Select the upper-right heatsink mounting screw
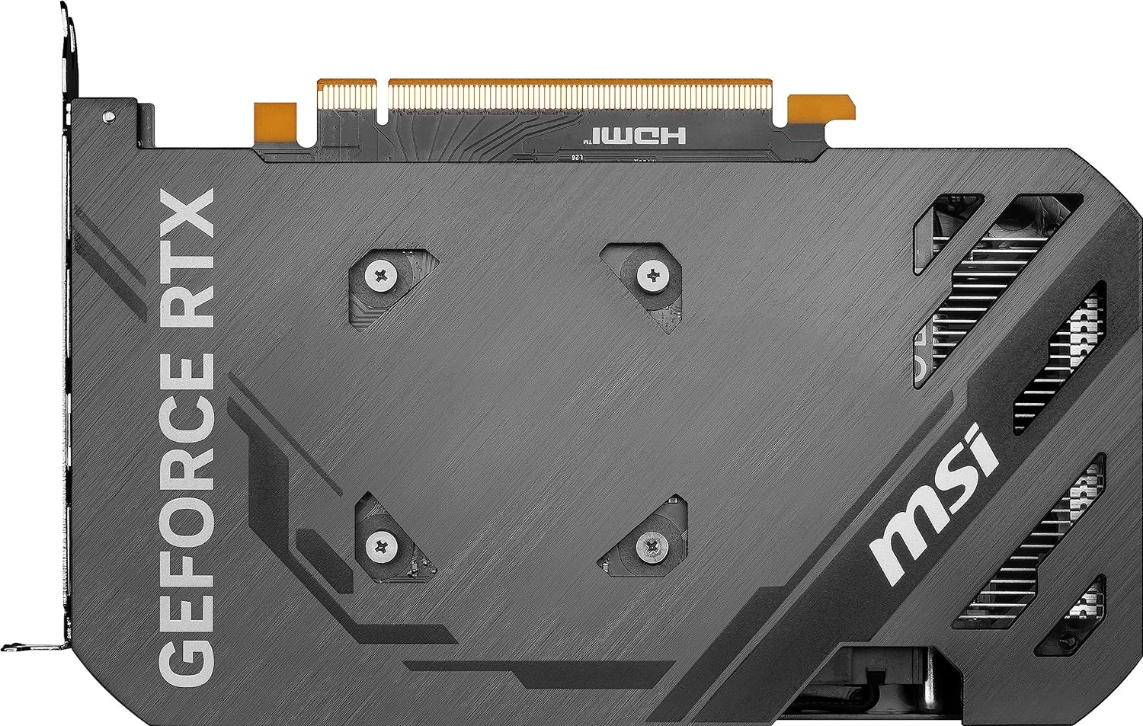coord(652,276)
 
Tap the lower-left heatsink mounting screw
coord(380,545)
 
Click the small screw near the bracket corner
coord(109,117)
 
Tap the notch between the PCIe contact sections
coord(383,99)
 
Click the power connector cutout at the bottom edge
coord(876,682)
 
